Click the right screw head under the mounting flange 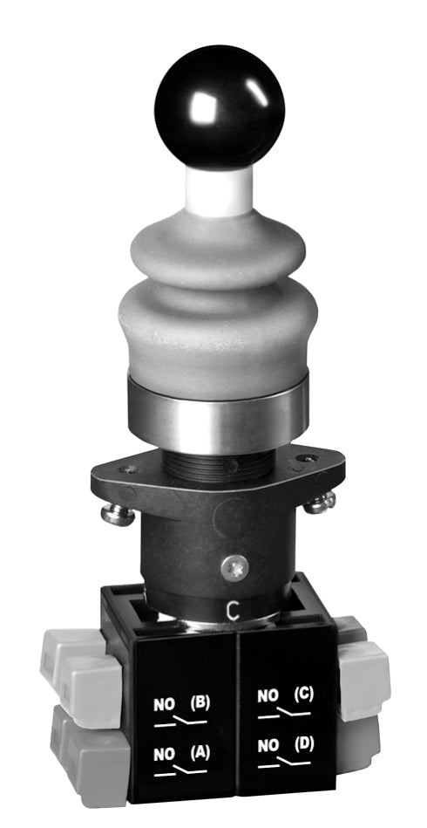point(323,502)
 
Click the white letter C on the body point(232,609)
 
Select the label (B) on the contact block point(200,701)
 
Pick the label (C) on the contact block point(302,695)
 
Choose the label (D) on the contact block point(302,743)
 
